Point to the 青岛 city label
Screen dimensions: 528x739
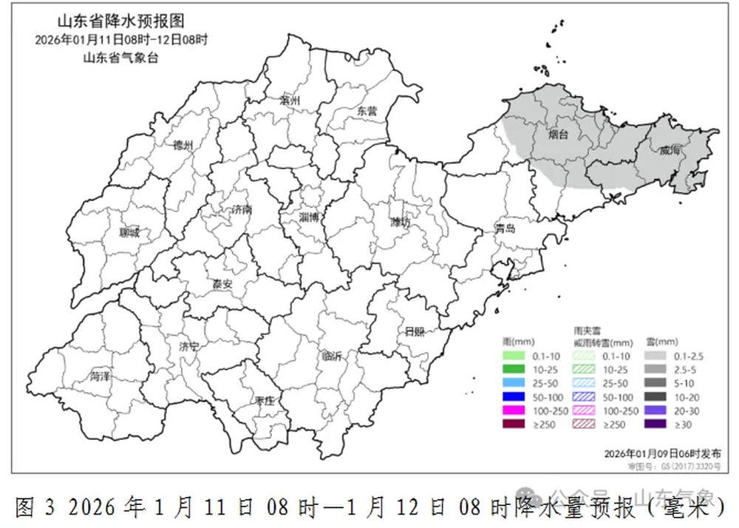point(505,229)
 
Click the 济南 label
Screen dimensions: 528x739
point(241,209)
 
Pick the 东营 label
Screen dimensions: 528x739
point(367,110)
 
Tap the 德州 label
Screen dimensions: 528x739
point(183,146)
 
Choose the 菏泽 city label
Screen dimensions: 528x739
point(99,376)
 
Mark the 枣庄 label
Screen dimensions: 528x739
point(265,400)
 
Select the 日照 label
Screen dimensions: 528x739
point(414,331)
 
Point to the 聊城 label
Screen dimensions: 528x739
point(129,232)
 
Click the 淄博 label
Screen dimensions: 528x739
point(308,217)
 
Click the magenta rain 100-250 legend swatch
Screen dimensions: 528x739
point(517,410)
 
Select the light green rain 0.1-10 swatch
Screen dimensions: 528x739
point(517,356)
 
